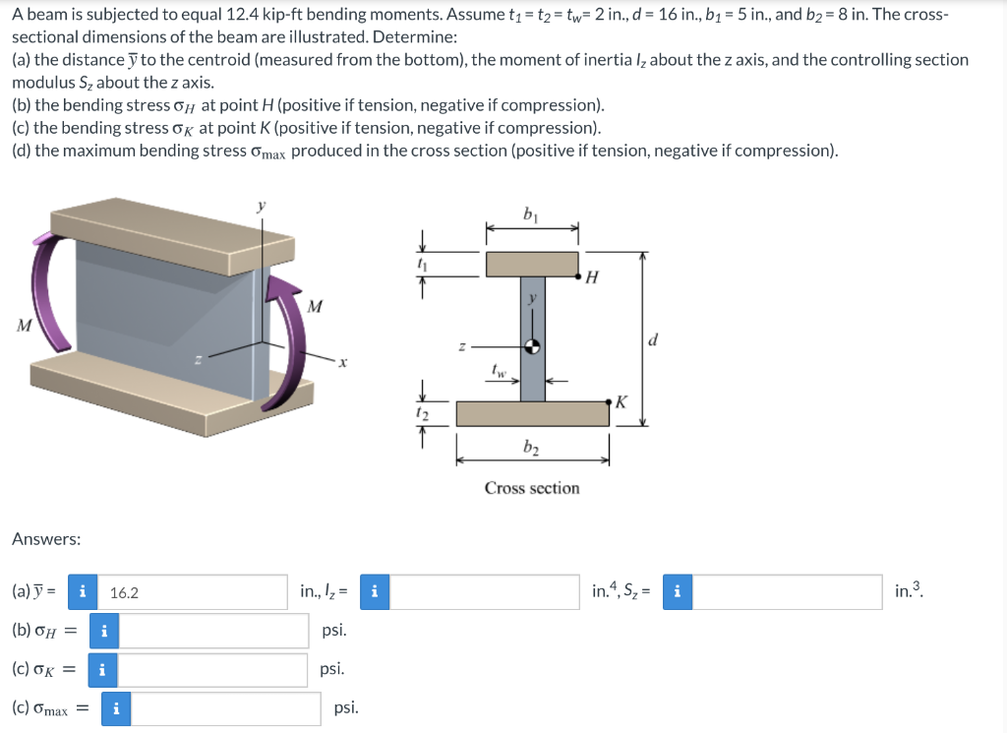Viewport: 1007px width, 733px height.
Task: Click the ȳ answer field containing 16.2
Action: click(192, 592)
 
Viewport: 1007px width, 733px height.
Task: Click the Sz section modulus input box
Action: click(787, 592)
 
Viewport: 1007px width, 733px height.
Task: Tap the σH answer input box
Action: click(213, 631)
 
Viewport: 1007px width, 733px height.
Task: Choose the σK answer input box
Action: click(213, 669)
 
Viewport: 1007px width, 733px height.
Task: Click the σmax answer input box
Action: click(225, 708)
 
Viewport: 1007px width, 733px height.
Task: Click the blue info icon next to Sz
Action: click(677, 592)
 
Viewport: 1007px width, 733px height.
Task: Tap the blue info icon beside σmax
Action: click(116, 708)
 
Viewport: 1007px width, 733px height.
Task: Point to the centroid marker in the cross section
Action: click(532, 346)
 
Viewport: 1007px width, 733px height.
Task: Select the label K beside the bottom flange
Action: click(620, 401)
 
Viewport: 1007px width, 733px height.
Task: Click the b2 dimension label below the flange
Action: click(532, 450)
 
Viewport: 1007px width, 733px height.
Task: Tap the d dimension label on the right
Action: click(653, 340)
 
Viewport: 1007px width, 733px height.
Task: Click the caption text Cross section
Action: click(532, 488)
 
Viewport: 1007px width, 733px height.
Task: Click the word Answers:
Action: click(46, 539)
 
